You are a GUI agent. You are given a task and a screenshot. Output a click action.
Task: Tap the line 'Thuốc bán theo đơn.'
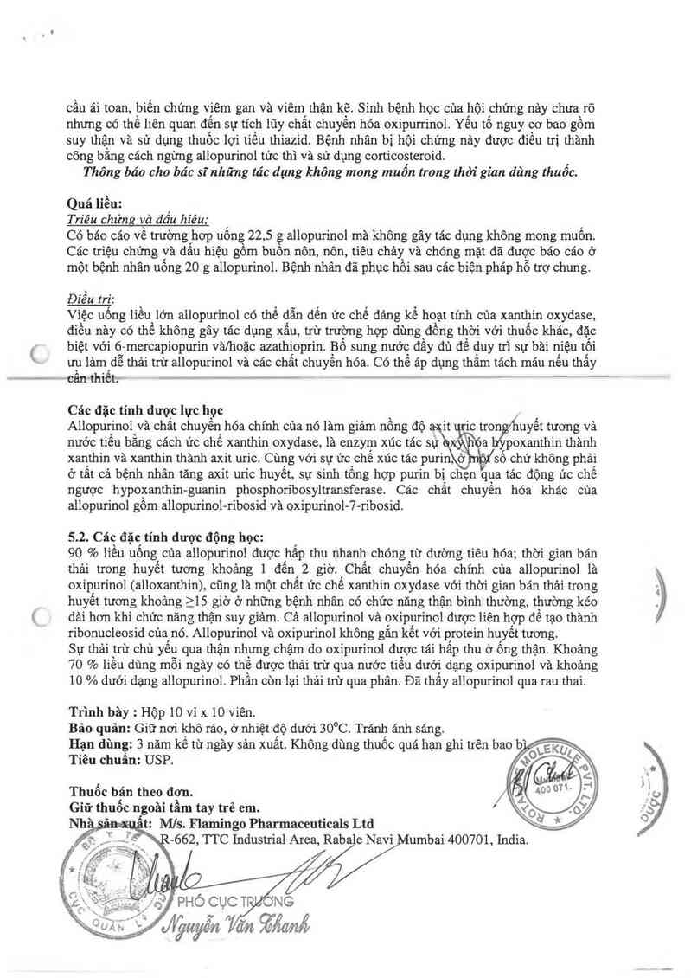pos(131,790)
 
